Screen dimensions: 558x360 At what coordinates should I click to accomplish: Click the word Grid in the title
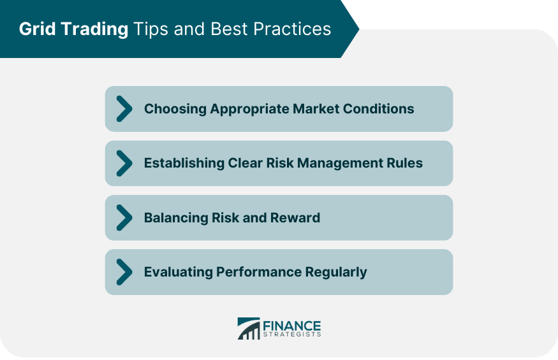(37, 29)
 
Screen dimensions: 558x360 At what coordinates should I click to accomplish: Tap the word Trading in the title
(94, 29)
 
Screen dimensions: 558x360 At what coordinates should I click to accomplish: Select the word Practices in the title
(292, 29)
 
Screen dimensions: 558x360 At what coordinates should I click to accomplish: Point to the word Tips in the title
(151, 29)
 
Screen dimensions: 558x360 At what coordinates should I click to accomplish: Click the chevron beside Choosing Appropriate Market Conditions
(124, 109)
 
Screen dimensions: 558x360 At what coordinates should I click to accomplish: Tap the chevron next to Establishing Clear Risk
(124, 163)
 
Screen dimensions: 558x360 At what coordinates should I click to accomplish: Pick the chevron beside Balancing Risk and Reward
(124, 218)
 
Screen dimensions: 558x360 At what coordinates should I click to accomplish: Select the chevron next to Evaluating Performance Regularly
(124, 272)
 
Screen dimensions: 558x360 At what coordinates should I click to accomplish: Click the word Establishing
(184, 163)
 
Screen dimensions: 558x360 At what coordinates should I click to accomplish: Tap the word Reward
(295, 218)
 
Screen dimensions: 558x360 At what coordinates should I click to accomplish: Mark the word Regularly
(336, 273)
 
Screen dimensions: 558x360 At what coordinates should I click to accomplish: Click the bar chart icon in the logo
(249, 328)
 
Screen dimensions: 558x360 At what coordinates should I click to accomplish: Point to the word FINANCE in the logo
(292, 326)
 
